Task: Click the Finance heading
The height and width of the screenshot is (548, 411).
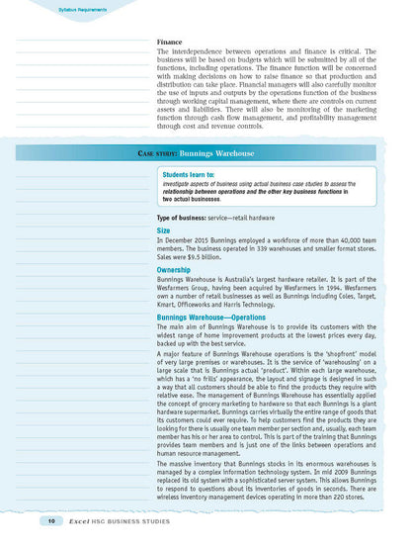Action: pyautogui.click(x=169, y=43)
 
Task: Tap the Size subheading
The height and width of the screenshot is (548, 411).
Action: pyautogui.click(x=165, y=229)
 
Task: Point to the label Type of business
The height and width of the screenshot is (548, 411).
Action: pyautogui.click(x=193, y=217)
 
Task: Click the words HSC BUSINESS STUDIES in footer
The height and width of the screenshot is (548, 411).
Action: pyautogui.click(x=139, y=520)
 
